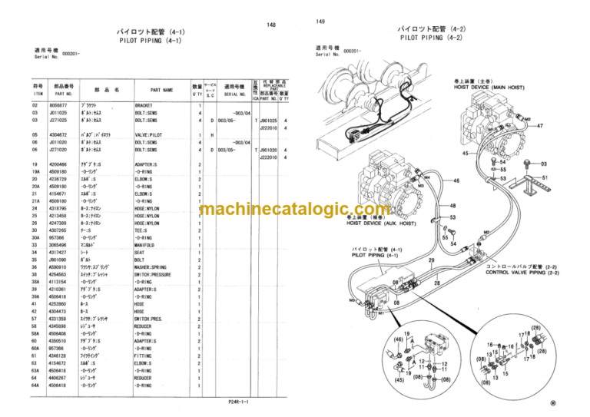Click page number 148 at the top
271,25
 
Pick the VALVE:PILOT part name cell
150,134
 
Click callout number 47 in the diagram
540,125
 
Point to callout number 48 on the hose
452,205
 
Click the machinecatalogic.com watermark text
295,210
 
